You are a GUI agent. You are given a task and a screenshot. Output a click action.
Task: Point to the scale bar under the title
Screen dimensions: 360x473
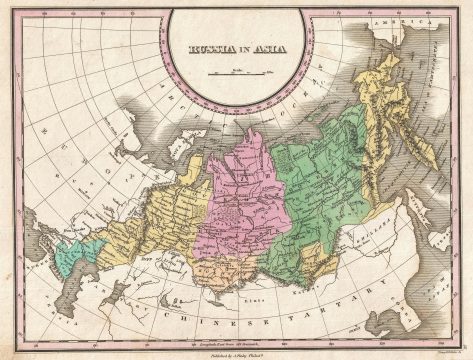(x=236, y=73)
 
